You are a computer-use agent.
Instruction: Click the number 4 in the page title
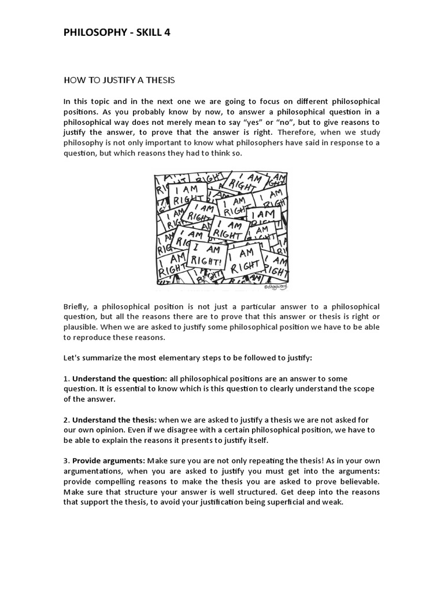click(167, 33)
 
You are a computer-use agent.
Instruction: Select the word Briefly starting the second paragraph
click(76, 306)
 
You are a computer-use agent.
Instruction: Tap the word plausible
click(80, 327)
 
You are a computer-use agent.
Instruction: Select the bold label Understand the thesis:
click(113, 419)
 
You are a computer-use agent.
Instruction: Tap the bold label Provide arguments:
click(109, 461)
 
